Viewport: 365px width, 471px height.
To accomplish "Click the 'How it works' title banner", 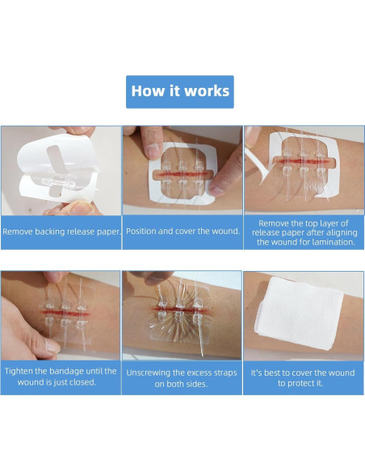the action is coord(180,92).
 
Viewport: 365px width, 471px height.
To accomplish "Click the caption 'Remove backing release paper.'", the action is coord(61,231).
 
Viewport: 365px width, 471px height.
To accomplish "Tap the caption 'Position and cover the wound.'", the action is coord(182,231).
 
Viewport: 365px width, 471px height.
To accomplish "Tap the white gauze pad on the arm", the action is coord(300,313).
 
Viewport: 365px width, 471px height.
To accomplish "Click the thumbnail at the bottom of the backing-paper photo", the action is coord(82,208).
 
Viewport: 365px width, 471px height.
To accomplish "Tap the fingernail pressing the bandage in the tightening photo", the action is coord(52,346).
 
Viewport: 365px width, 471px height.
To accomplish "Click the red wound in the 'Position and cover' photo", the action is coord(182,174).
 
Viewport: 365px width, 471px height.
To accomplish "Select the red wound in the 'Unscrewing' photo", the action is coord(181,310).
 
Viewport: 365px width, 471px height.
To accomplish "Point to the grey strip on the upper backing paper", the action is coord(57,159).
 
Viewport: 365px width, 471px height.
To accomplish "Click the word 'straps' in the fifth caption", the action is coord(225,373).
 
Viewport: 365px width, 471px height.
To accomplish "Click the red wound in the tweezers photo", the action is coord(301,161).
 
